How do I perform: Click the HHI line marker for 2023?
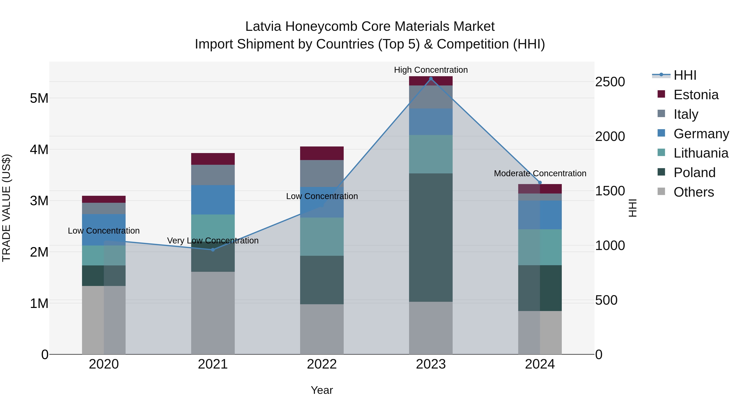(x=431, y=79)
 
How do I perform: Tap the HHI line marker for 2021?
(x=213, y=250)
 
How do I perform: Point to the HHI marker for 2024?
(x=540, y=183)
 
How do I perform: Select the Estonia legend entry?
(x=696, y=95)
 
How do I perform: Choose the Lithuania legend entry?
(x=701, y=153)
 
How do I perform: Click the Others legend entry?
(x=694, y=192)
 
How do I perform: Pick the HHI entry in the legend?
(x=685, y=75)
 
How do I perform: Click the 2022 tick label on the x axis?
(x=322, y=364)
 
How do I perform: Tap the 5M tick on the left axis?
(x=39, y=98)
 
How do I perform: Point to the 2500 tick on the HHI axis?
(x=610, y=82)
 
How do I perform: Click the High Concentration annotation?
(x=431, y=70)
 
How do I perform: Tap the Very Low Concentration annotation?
(x=213, y=241)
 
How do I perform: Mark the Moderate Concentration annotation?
(x=540, y=173)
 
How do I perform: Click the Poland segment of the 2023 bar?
(x=431, y=237)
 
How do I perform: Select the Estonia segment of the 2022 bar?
(x=322, y=153)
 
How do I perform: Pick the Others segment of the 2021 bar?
(x=213, y=313)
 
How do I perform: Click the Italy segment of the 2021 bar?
(x=213, y=175)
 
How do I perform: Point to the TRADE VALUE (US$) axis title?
(x=6, y=208)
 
